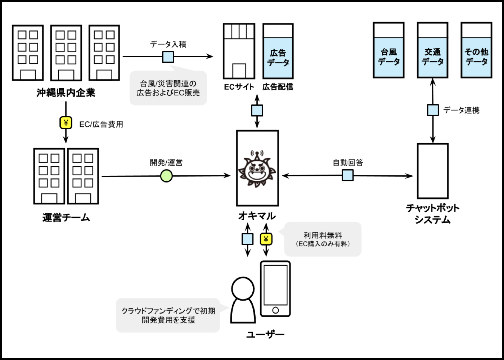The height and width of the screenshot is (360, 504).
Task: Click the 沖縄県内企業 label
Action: (x=66, y=93)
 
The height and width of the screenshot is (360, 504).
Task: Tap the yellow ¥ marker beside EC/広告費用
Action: (x=66, y=123)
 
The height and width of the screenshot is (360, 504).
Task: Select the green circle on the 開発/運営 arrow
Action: (x=166, y=176)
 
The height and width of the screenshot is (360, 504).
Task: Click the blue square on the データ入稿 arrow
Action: (x=168, y=57)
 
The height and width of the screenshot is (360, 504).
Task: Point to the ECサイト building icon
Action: (x=239, y=51)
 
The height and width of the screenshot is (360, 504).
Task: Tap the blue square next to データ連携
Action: (x=433, y=110)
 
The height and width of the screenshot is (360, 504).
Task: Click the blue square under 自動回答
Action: (x=347, y=175)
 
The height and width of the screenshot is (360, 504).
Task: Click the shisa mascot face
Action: (x=257, y=170)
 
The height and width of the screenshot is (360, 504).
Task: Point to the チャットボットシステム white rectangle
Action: (x=433, y=171)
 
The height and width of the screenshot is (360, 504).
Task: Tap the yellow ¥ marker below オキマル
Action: (x=266, y=239)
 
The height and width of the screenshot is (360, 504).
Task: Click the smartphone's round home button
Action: (x=275, y=310)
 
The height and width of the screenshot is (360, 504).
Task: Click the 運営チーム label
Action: (x=66, y=217)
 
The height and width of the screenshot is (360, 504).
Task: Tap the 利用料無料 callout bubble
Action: (x=323, y=239)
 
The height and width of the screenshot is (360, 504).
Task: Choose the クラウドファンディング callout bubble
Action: (x=168, y=315)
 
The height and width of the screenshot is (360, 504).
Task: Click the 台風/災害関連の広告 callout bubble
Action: (x=168, y=88)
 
